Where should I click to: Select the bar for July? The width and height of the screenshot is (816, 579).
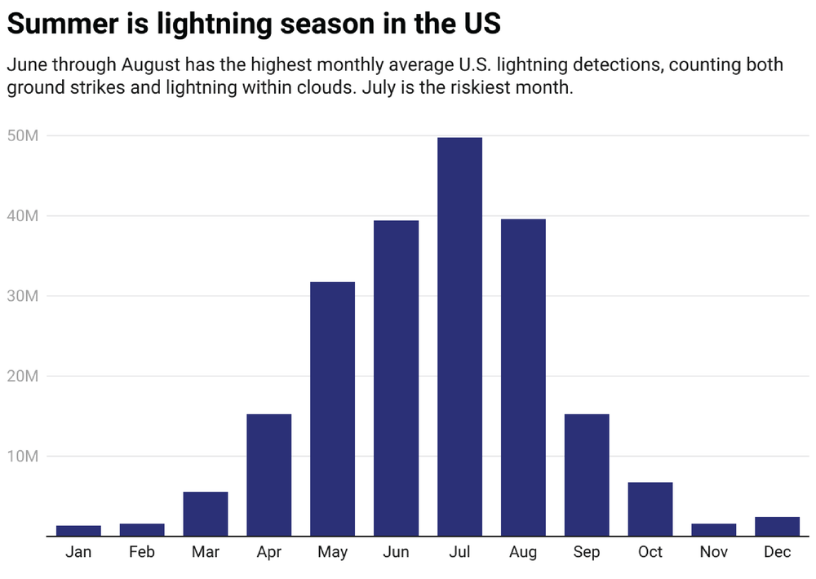click(459, 336)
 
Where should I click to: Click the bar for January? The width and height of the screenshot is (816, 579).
click(78, 530)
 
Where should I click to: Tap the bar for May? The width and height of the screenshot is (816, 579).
click(332, 409)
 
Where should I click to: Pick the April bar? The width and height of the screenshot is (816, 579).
click(268, 475)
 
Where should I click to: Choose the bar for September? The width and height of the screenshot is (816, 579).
click(587, 475)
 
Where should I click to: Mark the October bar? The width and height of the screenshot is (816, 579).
click(650, 509)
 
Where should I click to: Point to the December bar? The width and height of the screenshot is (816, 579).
click(777, 526)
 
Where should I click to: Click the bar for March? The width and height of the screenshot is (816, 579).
click(206, 514)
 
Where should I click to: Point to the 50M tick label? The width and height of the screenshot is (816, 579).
click(22, 135)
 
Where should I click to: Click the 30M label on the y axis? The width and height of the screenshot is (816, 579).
click(22, 296)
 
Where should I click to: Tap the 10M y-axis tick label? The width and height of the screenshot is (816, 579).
click(22, 456)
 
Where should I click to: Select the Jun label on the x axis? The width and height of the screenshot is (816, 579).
click(396, 553)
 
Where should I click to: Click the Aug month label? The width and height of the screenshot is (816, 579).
click(523, 553)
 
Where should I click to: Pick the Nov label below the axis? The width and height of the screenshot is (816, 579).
click(713, 553)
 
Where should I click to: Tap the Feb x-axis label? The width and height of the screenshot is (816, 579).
click(142, 553)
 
